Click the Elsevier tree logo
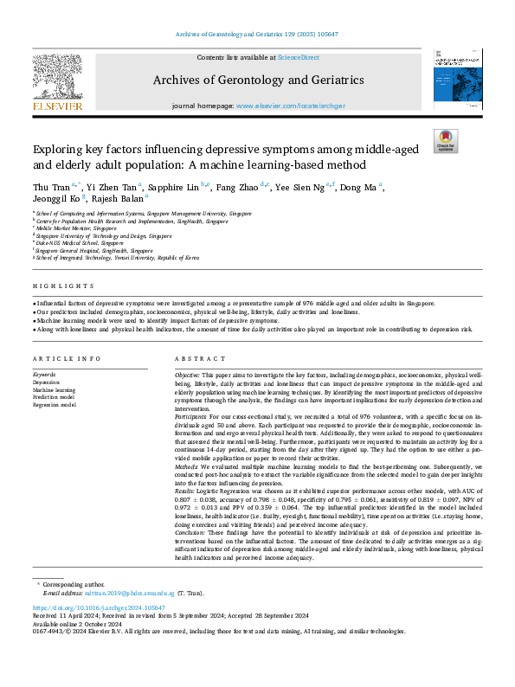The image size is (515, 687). (58, 84)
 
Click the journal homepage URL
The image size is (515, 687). (285, 105)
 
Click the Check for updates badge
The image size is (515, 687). (445, 141)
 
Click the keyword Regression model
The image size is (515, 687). (54, 403)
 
